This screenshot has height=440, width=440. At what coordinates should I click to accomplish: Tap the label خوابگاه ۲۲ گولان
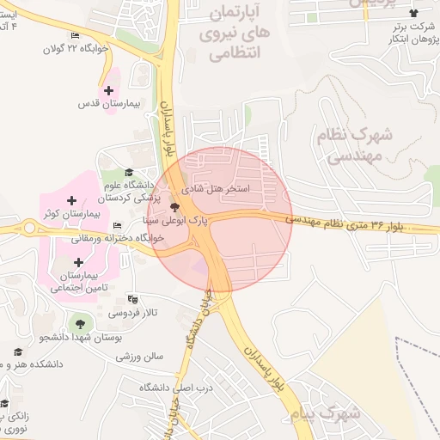(x=76, y=49)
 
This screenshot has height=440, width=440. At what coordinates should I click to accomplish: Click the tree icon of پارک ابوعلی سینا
(x=174, y=207)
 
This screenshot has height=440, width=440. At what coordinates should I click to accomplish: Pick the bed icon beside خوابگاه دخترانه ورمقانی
(x=117, y=226)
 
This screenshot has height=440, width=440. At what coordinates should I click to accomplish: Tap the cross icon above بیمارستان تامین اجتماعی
(x=79, y=262)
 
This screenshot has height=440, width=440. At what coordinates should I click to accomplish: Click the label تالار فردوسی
(x=163, y=315)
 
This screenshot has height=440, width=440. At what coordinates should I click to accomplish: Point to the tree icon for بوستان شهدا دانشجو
(x=80, y=324)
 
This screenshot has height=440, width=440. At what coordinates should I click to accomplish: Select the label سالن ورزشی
(x=140, y=354)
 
